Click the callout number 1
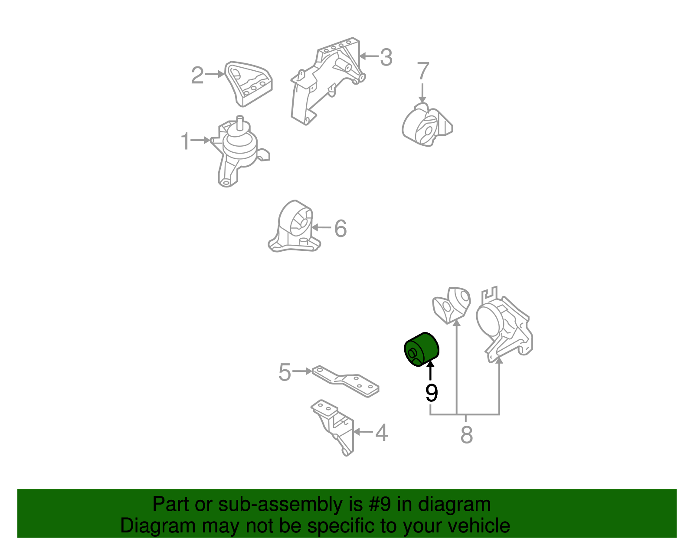(x=185, y=141)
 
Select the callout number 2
(x=197, y=76)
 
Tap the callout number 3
(x=386, y=57)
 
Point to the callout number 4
(x=381, y=433)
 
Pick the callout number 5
(x=285, y=372)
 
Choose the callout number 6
(x=340, y=228)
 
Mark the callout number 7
(x=423, y=71)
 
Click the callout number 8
(x=467, y=434)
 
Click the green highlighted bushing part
(x=422, y=349)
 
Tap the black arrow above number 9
(x=431, y=370)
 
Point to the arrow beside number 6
(x=321, y=227)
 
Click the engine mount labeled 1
(x=239, y=152)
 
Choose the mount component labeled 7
(x=427, y=125)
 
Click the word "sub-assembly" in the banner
(x=281, y=504)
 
